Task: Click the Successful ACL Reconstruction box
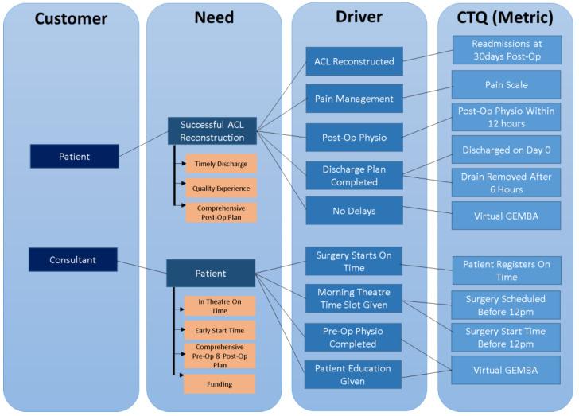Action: click(x=212, y=130)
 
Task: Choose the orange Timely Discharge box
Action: click(x=220, y=164)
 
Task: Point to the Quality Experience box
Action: click(x=220, y=189)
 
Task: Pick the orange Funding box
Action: click(x=220, y=383)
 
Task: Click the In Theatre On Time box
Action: click(x=220, y=305)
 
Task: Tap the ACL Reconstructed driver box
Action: click(x=354, y=61)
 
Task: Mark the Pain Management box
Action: click(x=354, y=99)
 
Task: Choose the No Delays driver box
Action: click(x=354, y=212)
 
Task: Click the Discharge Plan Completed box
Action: click(x=354, y=175)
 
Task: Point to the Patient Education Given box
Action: click(x=354, y=374)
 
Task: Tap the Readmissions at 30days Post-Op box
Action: click(x=506, y=50)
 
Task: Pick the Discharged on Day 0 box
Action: click(x=506, y=148)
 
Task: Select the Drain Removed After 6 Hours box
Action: click(x=506, y=181)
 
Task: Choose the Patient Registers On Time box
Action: click(x=506, y=270)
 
